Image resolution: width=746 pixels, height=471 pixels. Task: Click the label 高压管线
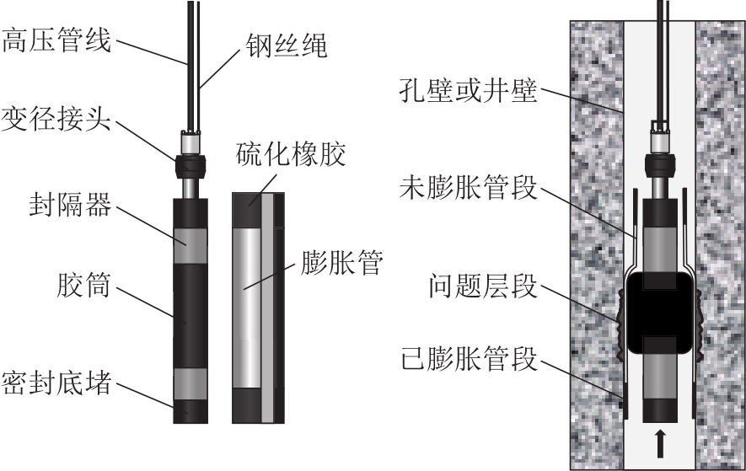coord(56,40)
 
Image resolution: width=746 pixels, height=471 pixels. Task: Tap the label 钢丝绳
coord(287,45)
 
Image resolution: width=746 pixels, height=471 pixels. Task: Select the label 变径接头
coord(56,119)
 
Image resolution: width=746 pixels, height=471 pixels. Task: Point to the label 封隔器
coord(71,205)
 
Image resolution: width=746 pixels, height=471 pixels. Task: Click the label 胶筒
coord(84,285)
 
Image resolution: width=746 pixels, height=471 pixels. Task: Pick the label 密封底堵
coord(56,383)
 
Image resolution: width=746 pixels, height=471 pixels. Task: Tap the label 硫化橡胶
coord(291,153)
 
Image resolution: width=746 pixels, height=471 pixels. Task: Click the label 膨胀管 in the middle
coord(341,262)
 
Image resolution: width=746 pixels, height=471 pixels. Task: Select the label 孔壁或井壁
coord(468,90)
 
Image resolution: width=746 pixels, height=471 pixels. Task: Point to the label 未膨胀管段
coord(468,187)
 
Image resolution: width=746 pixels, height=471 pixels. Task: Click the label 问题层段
coord(482,286)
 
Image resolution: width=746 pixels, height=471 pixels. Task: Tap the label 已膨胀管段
coord(468,359)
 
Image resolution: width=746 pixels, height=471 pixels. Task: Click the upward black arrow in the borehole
coord(659,443)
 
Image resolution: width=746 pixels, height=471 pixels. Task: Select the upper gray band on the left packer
coord(191,245)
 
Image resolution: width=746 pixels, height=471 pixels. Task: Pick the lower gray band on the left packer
coord(191,383)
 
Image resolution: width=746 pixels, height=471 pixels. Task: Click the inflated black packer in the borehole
coord(659,313)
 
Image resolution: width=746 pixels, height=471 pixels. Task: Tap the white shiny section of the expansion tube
coord(247,308)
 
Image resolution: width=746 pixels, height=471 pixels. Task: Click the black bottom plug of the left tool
coord(191,411)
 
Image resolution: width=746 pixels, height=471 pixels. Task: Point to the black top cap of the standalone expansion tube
coord(247,206)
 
